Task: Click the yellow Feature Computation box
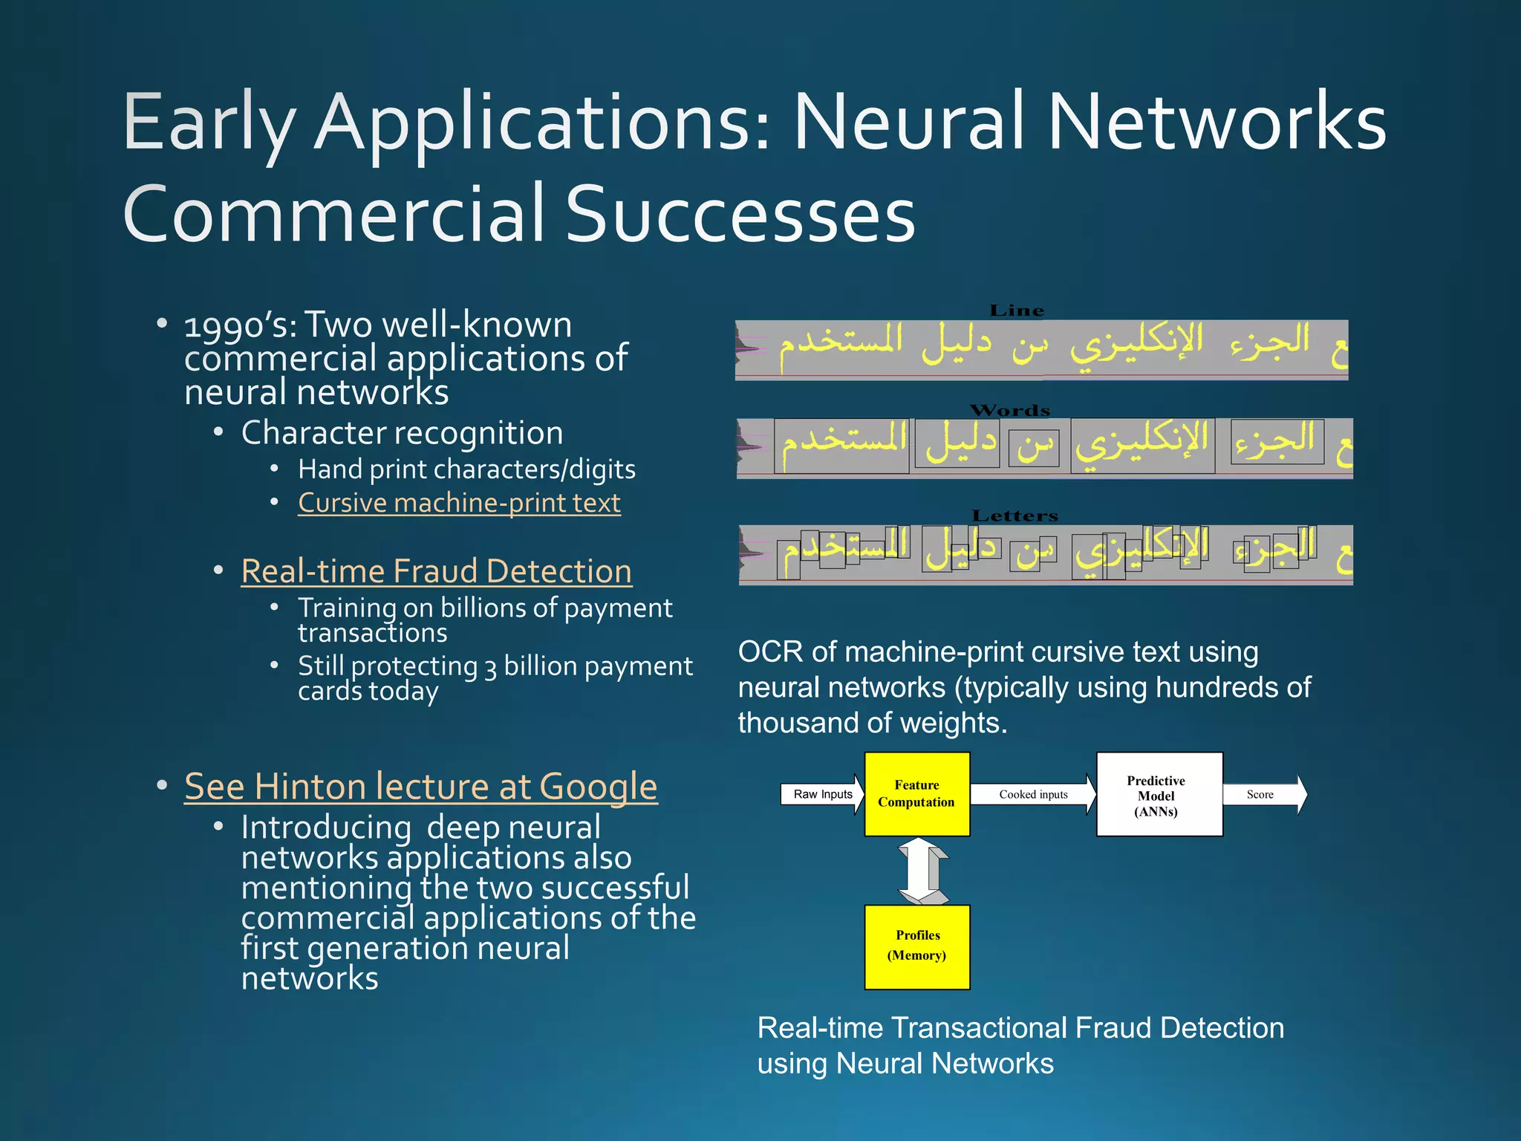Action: tap(916, 794)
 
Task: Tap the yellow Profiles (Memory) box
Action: tap(916, 946)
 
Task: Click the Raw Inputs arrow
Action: tap(822, 794)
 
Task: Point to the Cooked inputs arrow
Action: tap(1032, 794)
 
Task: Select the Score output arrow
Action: tap(1263, 794)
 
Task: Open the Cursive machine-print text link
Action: tap(459, 503)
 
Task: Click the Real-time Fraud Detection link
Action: tap(437, 571)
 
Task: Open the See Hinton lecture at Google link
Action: tap(420, 786)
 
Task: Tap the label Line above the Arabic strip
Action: tap(1017, 311)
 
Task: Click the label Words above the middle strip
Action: tap(1010, 410)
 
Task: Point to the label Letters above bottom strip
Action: tap(1014, 516)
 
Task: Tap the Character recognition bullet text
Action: tap(402, 432)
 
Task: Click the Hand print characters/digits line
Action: tap(466, 469)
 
